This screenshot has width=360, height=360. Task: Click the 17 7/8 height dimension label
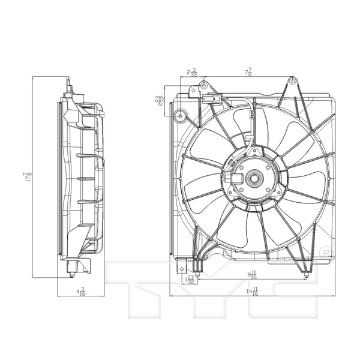28,178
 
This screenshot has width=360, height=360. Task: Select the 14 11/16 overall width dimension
254,292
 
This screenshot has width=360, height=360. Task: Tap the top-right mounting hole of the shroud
292,80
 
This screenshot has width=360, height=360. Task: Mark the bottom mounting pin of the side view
73,275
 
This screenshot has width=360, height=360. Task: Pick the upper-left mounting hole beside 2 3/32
203,85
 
